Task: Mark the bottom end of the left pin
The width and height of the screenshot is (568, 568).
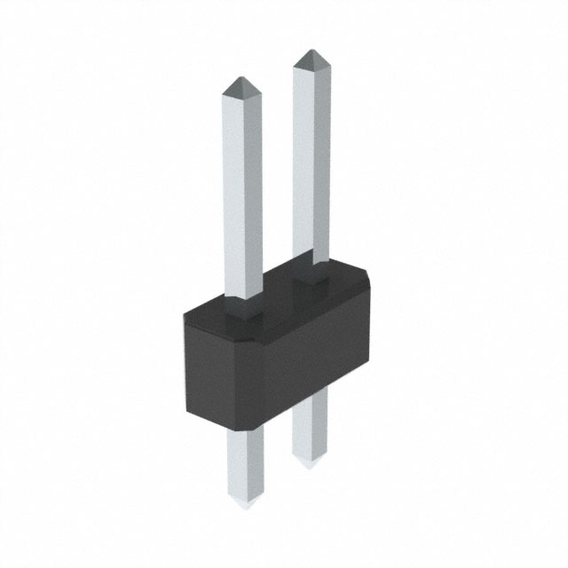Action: click(x=243, y=508)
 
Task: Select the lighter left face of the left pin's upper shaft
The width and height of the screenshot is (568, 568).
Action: click(x=233, y=195)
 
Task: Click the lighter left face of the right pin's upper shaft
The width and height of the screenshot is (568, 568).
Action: click(x=301, y=160)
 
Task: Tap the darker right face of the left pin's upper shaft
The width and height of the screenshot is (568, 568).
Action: click(x=253, y=195)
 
